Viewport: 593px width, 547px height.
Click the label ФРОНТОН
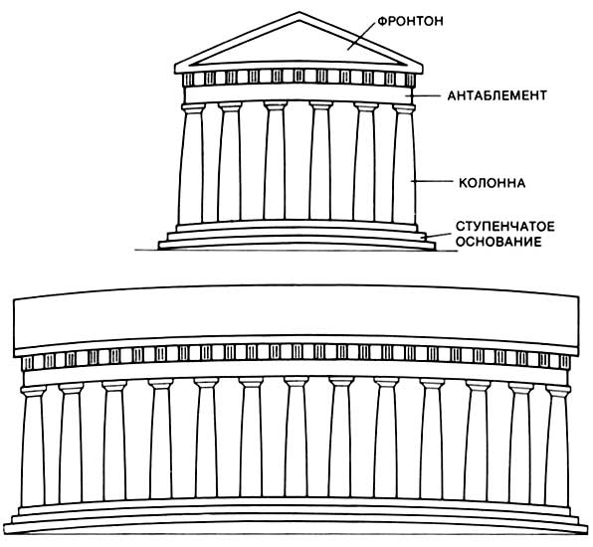click(x=410, y=21)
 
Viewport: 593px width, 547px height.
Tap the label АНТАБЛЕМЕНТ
click(x=497, y=95)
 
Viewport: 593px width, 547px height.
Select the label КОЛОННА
click(x=493, y=183)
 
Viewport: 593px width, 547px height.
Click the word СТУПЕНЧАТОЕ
click(x=504, y=227)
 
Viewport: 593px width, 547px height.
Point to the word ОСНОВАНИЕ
click(x=498, y=242)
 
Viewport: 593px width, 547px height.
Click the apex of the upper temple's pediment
click(x=299, y=13)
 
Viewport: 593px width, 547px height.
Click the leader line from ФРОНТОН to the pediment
click(x=361, y=36)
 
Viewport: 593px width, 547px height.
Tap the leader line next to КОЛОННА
click(x=432, y=181)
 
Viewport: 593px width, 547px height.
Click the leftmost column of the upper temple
click(x=192, y=164)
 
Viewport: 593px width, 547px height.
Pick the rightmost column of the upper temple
click(x=405, y=164)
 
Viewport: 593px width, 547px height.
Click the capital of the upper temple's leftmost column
click(x=193, y=108)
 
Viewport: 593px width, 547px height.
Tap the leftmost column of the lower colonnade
click(x=33, y=447)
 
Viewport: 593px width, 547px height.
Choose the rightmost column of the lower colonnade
click(x=557, y=447)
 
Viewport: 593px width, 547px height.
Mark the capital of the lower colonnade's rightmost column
click(x=558, y=391)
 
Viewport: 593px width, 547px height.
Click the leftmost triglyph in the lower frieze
click(x=27, y=363)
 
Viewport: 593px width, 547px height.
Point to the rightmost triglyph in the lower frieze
click(x=565, y=362)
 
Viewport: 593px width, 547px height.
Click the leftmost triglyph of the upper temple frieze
click(x=188, y=80)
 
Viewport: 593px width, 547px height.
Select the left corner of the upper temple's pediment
click(x=175, y=67)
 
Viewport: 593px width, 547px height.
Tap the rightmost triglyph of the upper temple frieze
click(x=410, y=80)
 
